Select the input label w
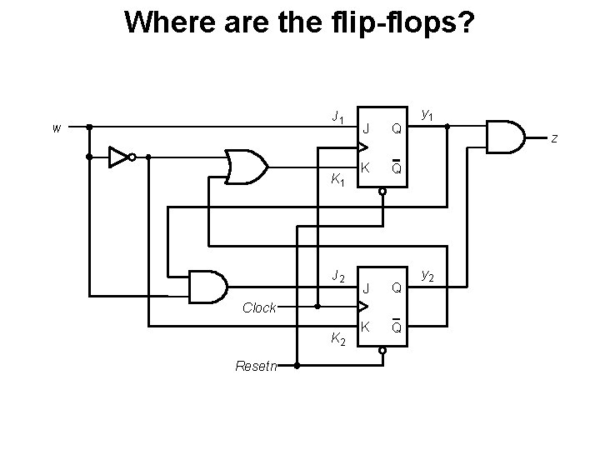point(56,128)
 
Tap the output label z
point(553,137)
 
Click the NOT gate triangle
point(119,156)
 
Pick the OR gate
point(247,167)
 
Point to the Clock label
point(259,307)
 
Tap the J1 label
point(337,117)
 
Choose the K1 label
point(338,178)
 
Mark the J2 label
point(337,276)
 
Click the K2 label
point(338,338)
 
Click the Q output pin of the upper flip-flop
point(397,129)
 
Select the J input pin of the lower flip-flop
point(365,288)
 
